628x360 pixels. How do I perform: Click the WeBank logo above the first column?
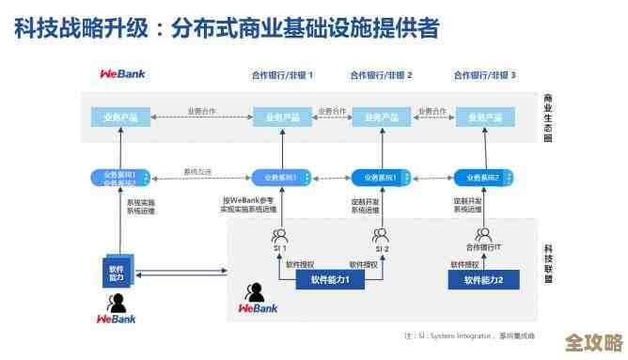[x=122, y=73]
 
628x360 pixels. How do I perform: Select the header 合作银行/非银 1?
[x=282, y=74]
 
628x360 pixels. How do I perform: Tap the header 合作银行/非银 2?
[x=382, y=74]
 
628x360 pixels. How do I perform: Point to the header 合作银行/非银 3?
[x=485, y=74]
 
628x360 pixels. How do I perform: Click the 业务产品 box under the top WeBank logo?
[x=121, y=117]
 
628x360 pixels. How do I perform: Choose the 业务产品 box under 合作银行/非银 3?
[x=484, y=117]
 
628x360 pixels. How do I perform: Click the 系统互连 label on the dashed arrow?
[x=197, y=172]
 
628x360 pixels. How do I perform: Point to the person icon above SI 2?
[x=381, y=235]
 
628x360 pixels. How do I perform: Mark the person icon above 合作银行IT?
[x=483, y=233]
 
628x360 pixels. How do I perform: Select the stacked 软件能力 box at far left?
[x=118, y=273]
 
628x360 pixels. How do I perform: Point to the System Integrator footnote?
[x=469, y=336]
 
